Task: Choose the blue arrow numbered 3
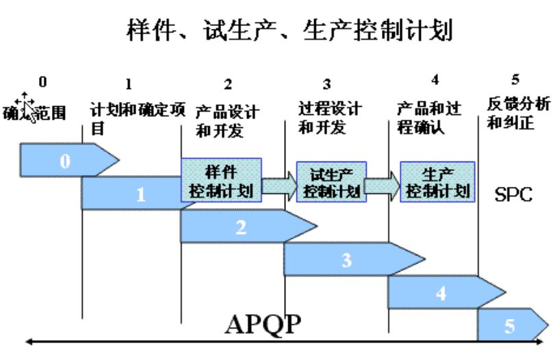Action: [348, 259]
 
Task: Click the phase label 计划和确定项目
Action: [138, 117]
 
